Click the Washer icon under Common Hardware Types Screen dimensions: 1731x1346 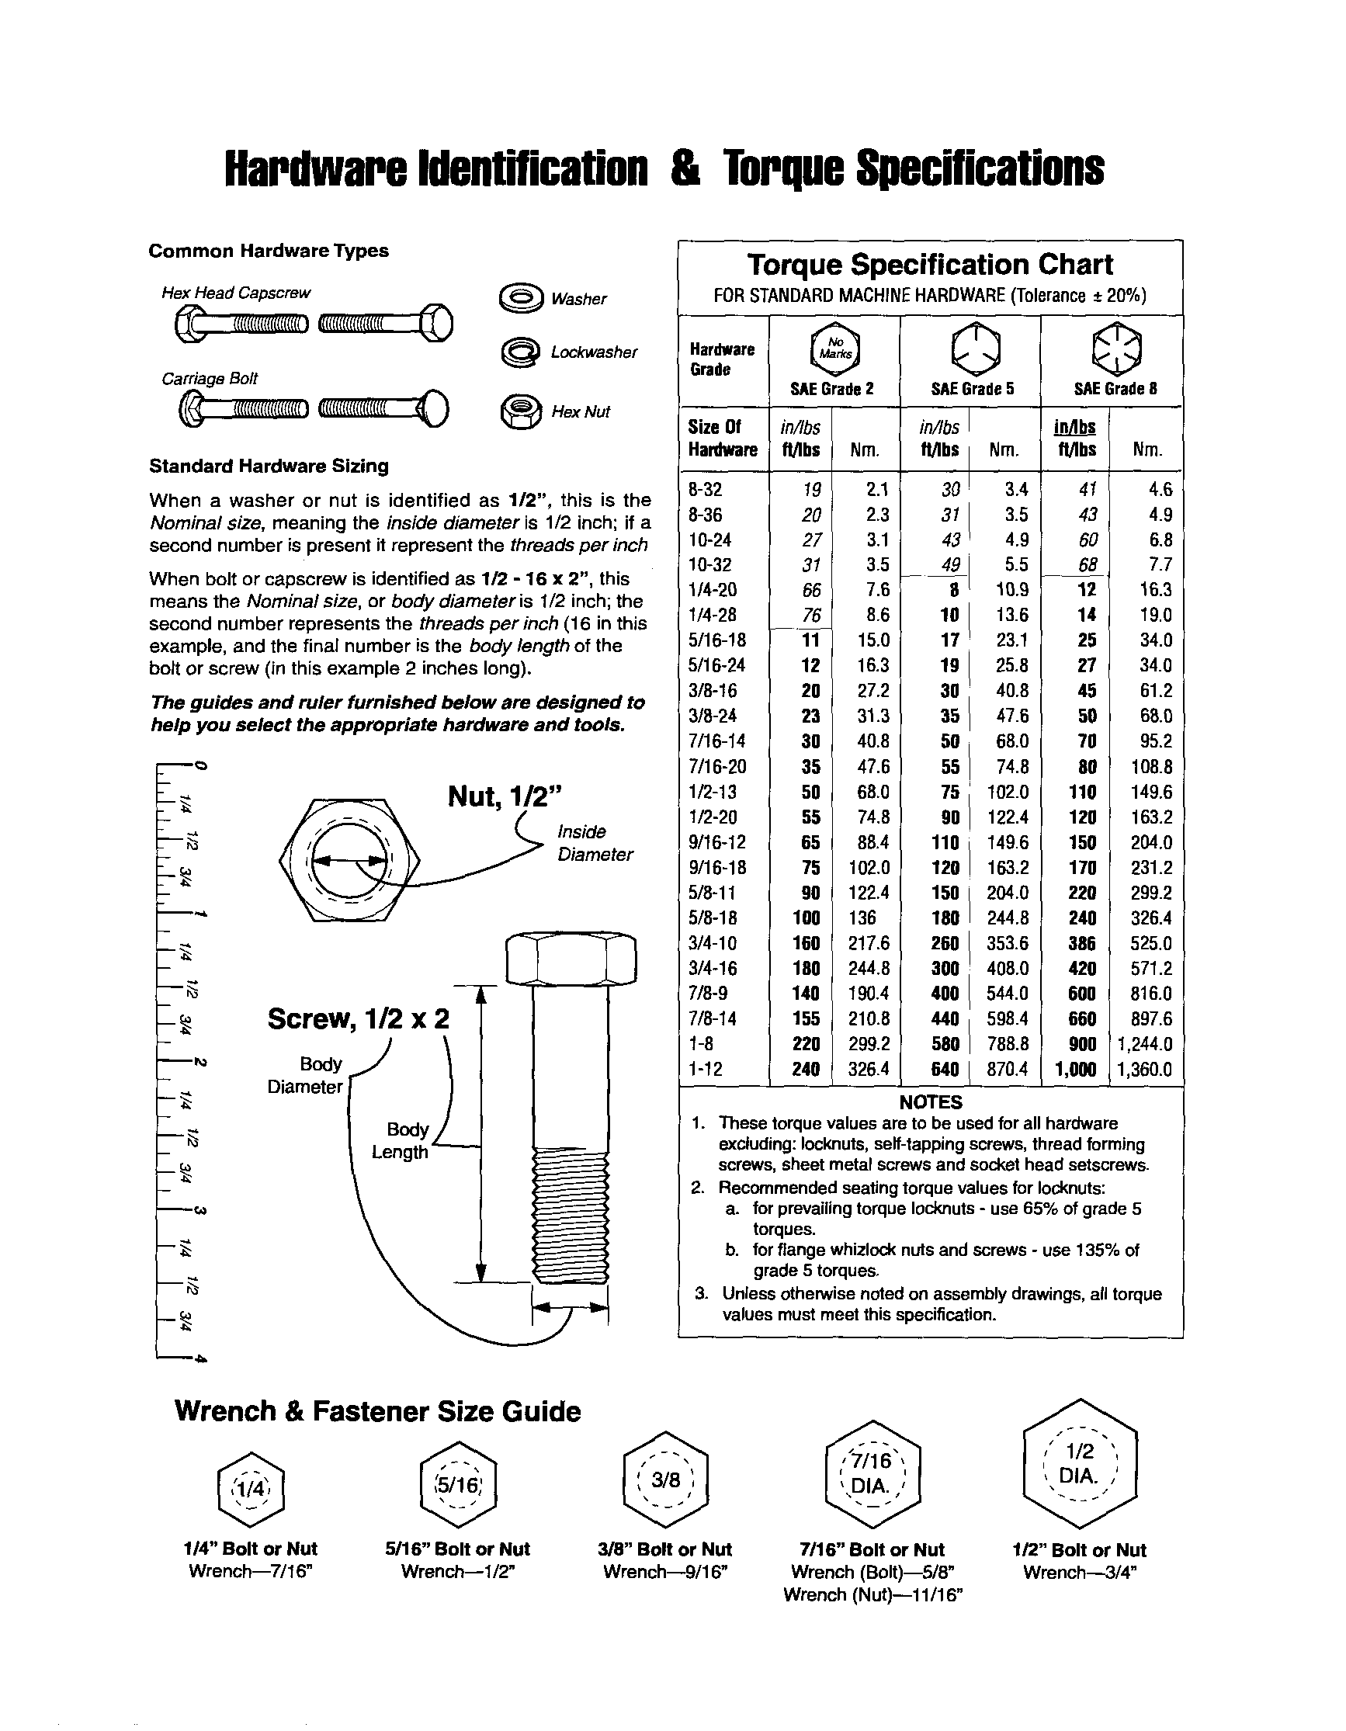pyautogui.click(x=521, y=298)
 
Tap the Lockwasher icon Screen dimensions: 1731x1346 pyautogui.click(x=521, y=352)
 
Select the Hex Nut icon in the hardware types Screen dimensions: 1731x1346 pyautogui.click(x=521, y=411)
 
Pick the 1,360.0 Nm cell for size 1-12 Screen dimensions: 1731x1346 pyautogui.click(x=1144, y=1069)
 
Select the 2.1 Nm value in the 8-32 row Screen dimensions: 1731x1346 pyautogui.click(x=876, y=490)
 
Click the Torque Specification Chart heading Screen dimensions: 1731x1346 pyautogui.click(x=930, y=264)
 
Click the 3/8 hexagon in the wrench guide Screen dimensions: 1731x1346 pyautogui.click(x=665, y=1480)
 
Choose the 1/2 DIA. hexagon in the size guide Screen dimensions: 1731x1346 pyautogui.click(x=1080, y=1463)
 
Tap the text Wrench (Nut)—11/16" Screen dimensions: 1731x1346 pyautogui.click(x=872, y=1594)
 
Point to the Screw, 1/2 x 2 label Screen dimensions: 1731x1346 pyautogui.click(x=359, y=1018)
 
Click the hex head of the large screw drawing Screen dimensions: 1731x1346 pyautogui.click(x=571, y=959)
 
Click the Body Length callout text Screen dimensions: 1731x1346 pyautogui.click(x=402, y=1140)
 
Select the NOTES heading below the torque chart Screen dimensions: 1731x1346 pyautogui.click(x=930, y=1101)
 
